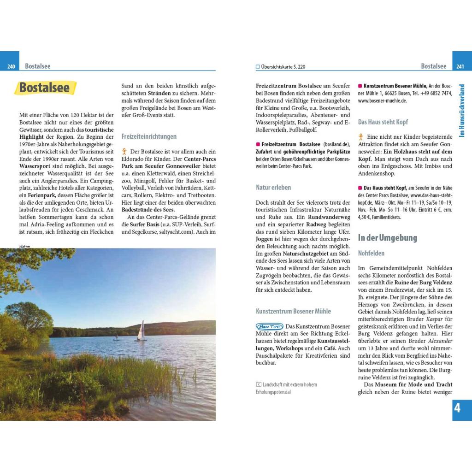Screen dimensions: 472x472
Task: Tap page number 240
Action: (x=11, y=67)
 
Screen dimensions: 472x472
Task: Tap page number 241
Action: (x=460, y=67)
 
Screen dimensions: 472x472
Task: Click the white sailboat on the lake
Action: (x=141, y=330)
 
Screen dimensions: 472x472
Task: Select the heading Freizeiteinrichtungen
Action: (x=149, y=136)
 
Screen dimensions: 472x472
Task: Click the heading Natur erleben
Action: (x=273, y=188)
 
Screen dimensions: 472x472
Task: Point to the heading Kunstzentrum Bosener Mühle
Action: (x=293, y=311)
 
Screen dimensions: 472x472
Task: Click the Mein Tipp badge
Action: (x=270, y=326)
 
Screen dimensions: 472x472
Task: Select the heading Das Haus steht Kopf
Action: (x=383, y=122)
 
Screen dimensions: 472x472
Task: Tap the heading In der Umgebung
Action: (x=387, y=238)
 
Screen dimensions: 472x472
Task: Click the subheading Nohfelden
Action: (x=371, y=253)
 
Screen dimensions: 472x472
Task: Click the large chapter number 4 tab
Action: (x=457, y=408)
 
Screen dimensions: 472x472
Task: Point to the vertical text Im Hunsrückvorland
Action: (x=462, y=111)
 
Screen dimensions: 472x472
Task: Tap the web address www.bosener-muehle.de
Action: (x=382, y=100)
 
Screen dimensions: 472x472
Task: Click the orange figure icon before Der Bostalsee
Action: (x=124, y=151)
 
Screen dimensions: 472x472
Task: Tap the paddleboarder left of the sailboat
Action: (x=116, y=337)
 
